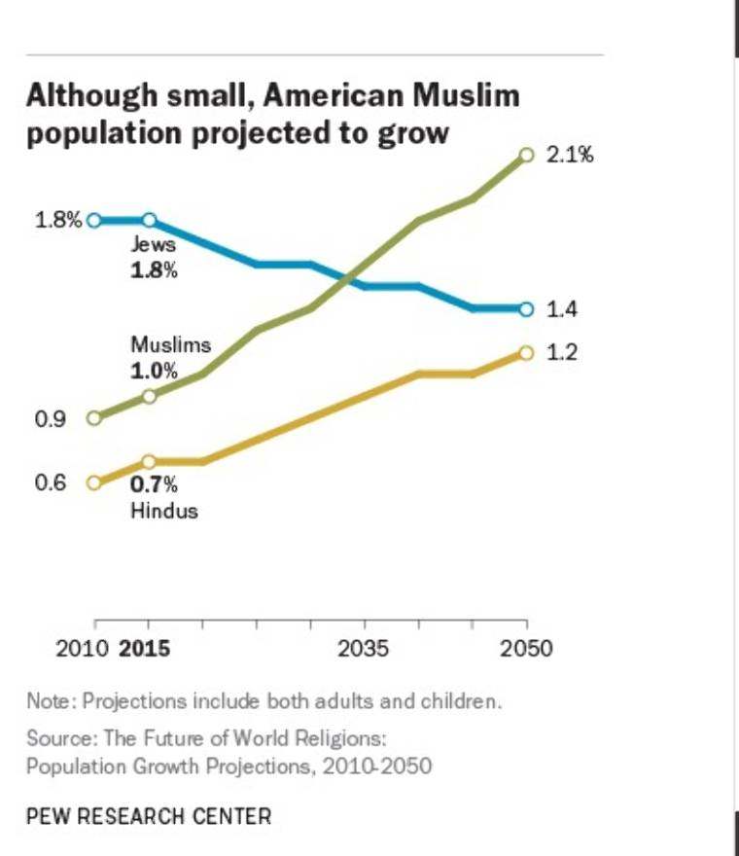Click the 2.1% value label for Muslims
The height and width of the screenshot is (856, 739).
click(569, 155)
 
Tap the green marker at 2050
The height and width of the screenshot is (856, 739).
click(527, 154)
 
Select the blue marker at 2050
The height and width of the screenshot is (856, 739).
click(527, 309)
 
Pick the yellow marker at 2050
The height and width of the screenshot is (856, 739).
click(527, 352)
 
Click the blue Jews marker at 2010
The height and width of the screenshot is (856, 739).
click(94, 220)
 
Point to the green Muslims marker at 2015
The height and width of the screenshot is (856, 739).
click(149, 396)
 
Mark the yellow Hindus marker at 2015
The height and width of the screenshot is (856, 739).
click(149, 461)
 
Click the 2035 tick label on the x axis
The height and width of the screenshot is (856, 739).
click(364, 649)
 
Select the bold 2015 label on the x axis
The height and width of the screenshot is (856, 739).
click(144, 649)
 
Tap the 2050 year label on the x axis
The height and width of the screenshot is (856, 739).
click(527, 649)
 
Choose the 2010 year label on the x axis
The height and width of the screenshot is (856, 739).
click(83, 649)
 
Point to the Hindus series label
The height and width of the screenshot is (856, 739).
click(164, 511)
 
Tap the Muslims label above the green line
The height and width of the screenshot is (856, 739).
click(170, 345)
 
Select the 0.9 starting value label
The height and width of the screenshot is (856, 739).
click(50, 419)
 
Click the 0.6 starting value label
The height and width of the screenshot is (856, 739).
click(50, 482)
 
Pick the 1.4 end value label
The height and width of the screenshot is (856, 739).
click(563, 309)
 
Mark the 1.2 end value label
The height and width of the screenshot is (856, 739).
click(563, 352)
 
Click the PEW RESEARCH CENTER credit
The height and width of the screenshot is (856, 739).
click(149, 815)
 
